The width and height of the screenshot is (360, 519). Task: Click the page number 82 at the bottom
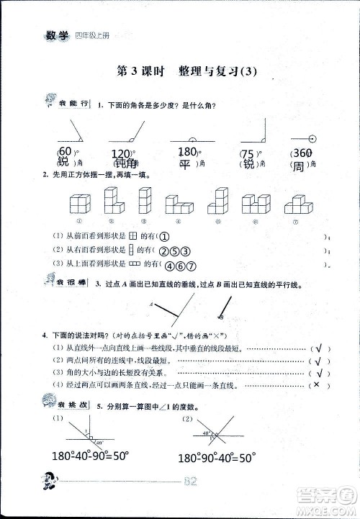click(x=191, y=482)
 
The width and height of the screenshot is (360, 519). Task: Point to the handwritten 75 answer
click(x=249, y=153)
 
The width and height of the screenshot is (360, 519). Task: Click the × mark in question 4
click(x=314, y=386)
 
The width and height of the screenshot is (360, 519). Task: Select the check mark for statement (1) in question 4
click(x=315, y=348)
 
